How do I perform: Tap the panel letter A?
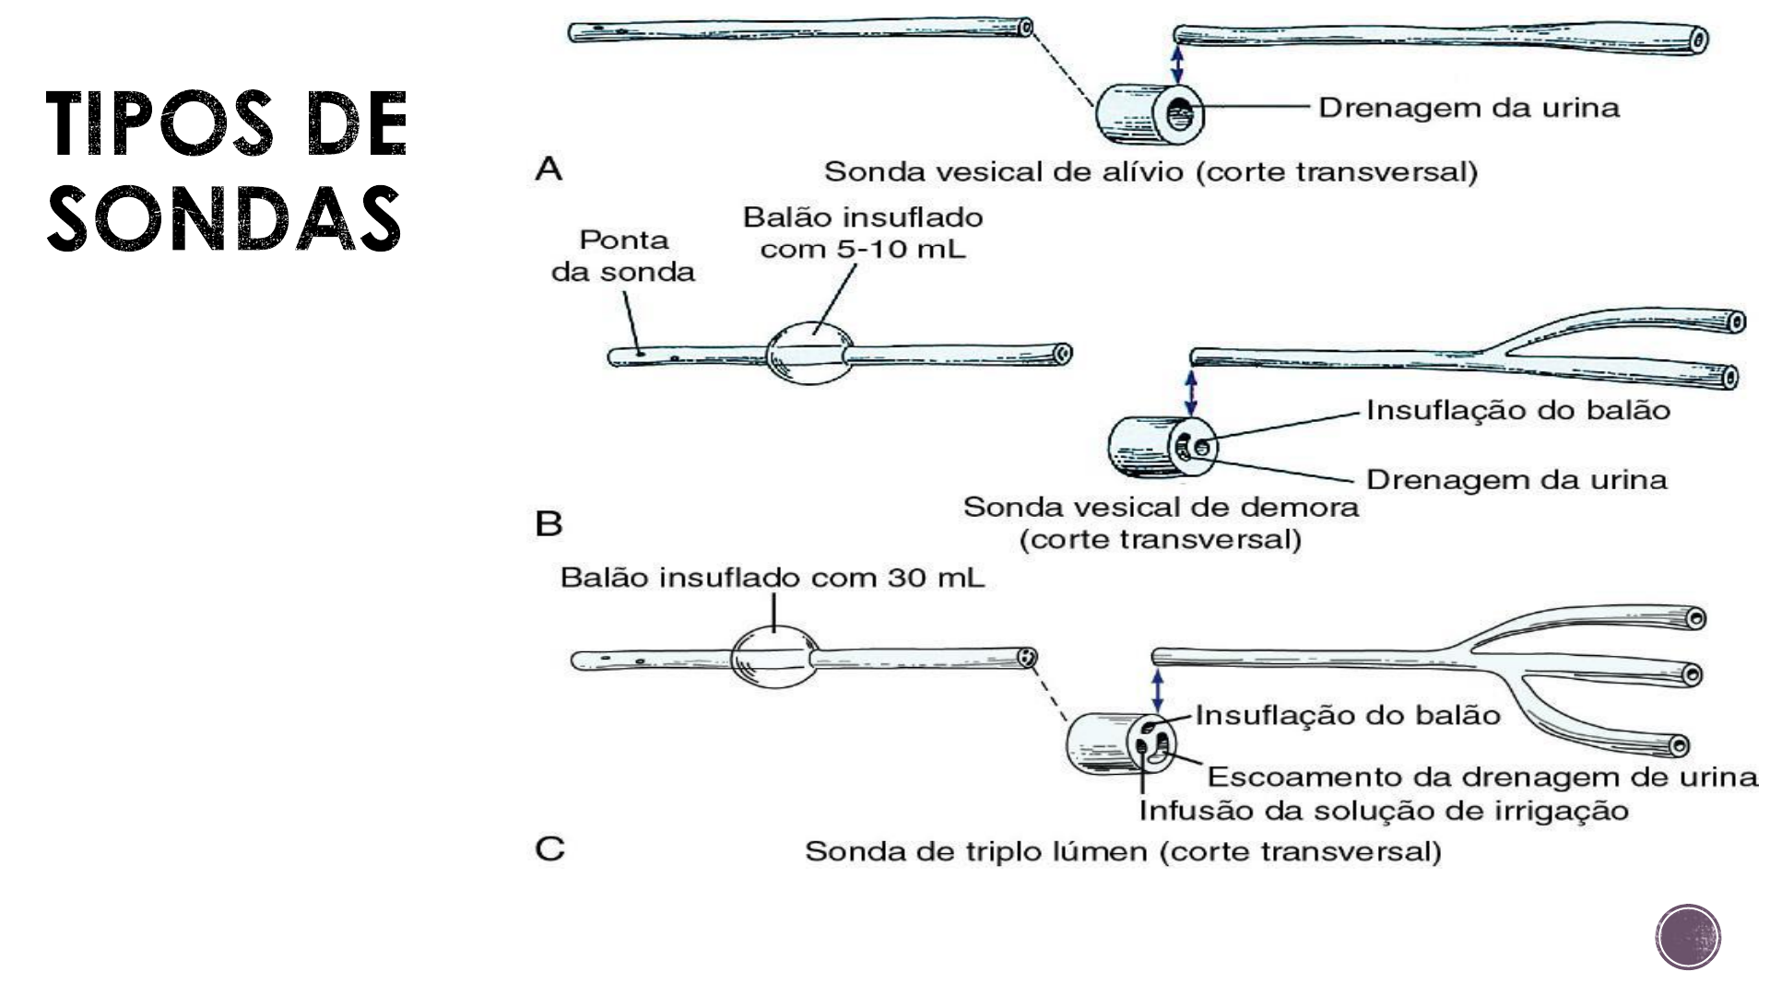549,170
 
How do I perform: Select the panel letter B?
549,524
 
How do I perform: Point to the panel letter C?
549,849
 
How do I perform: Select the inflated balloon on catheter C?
774,658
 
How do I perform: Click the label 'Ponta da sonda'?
623,256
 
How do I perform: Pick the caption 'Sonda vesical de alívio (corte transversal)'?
1150,172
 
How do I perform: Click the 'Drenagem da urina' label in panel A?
1469,108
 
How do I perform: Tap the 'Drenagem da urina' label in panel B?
1516,480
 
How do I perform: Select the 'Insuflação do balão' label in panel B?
1518,410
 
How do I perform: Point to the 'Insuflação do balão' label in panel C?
1348,716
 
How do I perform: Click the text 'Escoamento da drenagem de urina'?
1483,777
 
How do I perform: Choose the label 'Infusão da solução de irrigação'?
1384,811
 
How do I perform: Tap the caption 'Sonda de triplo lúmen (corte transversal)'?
1123,851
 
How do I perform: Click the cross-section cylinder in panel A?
1149,115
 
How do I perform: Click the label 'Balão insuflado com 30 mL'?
773,579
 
